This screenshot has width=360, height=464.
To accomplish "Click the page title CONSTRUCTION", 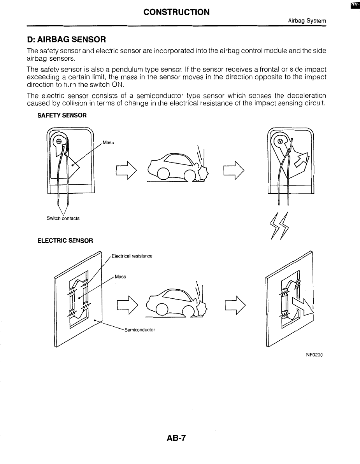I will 176,12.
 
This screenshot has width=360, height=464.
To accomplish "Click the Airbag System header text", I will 307,21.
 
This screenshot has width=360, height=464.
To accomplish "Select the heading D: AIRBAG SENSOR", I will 67,40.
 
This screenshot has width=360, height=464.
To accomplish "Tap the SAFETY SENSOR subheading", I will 61,116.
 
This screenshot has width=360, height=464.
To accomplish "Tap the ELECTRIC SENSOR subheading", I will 65,240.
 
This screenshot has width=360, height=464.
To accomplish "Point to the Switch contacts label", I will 63,218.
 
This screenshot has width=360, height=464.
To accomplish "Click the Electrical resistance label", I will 132,256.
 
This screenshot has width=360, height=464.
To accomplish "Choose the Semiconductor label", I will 140,330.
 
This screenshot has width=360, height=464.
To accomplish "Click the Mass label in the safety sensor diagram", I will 108,143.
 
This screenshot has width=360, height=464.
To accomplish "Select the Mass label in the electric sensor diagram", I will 121,277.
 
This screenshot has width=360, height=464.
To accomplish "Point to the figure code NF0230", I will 315,355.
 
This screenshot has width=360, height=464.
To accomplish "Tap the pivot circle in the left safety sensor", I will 58,142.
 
